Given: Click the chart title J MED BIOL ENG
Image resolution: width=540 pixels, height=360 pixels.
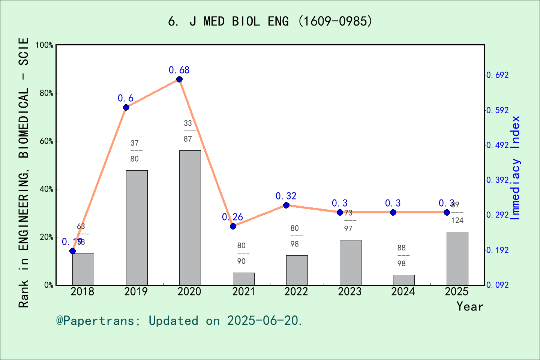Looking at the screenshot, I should coord(270,21).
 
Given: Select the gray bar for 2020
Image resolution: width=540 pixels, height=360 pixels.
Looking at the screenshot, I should coord(190,217).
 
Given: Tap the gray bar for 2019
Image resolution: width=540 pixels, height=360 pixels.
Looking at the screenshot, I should coord(136,228).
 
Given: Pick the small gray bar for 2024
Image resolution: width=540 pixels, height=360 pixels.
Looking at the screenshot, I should coord(403,280).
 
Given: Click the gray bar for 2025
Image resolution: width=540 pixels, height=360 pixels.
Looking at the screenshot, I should coord(457,258).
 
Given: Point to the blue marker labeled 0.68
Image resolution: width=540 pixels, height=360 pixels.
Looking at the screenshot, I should coord(179,79).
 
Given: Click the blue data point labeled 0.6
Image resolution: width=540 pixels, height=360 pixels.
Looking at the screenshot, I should coord(126,108).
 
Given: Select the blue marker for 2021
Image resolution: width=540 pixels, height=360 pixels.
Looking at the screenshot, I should coord(233,226).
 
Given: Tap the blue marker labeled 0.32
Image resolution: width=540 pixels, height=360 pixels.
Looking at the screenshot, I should coord(286,205).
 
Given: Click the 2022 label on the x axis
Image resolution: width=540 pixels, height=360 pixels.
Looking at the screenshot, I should coord(296,291).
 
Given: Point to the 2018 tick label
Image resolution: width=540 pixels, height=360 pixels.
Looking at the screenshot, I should coord(82,291).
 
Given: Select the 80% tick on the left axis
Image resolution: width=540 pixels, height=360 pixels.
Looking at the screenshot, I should coord(46,93).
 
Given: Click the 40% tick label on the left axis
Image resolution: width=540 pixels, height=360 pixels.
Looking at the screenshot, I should coord(46,189).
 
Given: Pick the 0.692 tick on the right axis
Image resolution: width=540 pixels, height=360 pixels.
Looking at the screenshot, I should coord(498,75).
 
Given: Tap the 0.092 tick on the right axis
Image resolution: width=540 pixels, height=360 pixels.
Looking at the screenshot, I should coord(498,285).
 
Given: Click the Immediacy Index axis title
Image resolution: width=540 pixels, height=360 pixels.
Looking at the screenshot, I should coord(516,168).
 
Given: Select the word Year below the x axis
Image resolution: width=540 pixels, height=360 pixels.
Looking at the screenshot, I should coord(469,306).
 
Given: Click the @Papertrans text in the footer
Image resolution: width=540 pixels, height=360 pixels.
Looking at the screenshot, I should coord(95,321).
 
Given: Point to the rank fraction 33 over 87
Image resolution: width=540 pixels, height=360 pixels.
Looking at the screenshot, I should coord(188,131).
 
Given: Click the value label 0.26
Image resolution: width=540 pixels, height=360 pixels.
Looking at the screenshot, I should coord(232,217).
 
